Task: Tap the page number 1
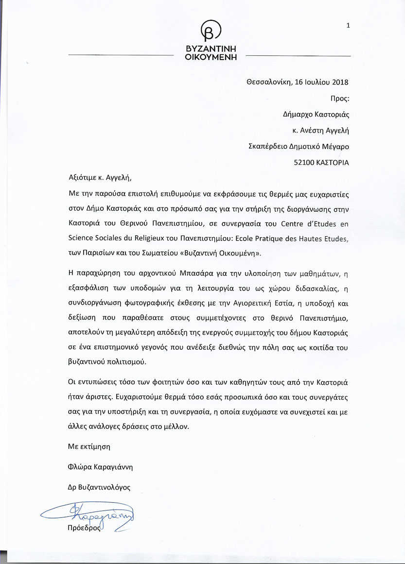click(348, 26)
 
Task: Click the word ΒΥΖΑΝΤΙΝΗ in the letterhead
click(210, 49)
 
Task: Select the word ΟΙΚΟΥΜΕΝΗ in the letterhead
click(210, 57)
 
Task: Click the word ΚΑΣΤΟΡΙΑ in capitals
click(334, 163)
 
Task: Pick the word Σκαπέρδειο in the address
click(267, 146)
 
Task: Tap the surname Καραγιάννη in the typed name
click(114, 467)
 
